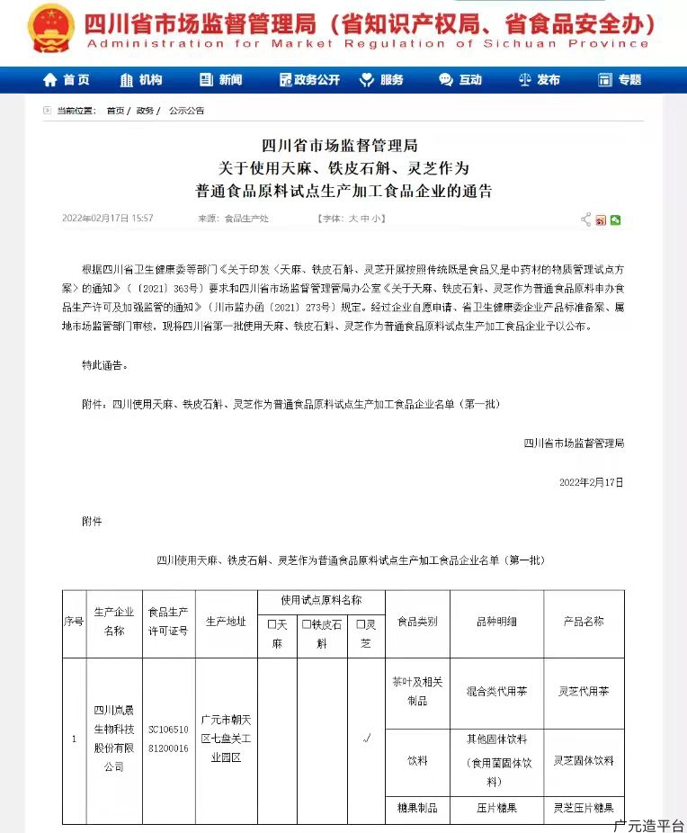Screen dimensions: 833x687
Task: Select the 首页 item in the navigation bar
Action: click(67, 80)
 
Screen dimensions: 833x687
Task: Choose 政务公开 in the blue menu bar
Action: click(309, 80)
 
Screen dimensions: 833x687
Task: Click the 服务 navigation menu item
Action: click(382, 80)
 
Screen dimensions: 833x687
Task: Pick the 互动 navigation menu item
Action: click(460, 80)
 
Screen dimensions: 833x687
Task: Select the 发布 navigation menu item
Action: click(540, 80)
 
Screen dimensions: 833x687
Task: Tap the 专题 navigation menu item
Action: click(620, 80)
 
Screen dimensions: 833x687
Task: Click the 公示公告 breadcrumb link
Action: click(186, 111)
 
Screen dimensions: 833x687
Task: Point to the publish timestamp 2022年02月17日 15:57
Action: click(107, 219)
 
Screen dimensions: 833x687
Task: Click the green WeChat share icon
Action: click(616, 219)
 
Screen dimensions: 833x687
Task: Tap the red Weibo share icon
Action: click(601, 219)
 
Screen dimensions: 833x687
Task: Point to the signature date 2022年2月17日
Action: click(591, 482)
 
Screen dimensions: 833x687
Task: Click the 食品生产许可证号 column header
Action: click(168, 622)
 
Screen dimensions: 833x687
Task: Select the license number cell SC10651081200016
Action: click(168, 739)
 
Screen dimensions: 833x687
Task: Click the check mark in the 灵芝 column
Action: click(365, 739)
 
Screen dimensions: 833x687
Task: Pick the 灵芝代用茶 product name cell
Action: click(583, 692)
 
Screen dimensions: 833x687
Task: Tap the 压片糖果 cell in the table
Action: click(496, 808)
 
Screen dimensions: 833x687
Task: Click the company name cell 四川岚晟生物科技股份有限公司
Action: click(112, 738)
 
